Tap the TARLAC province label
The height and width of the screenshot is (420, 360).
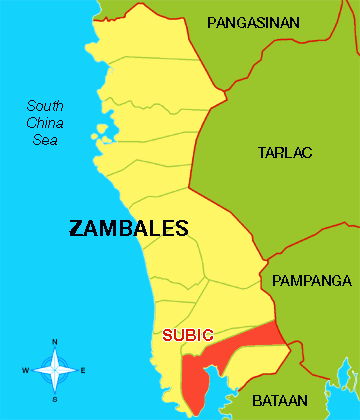[285, 152]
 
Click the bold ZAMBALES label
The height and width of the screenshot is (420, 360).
[128, 228]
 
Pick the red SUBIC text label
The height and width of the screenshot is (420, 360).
[188, 335]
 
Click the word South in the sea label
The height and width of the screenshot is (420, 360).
[45, 106]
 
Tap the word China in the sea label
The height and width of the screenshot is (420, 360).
[45, 123]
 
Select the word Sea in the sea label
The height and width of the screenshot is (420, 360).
[45, 140]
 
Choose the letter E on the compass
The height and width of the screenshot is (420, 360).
[83, 371]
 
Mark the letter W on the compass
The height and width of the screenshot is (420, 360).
[26, 371]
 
